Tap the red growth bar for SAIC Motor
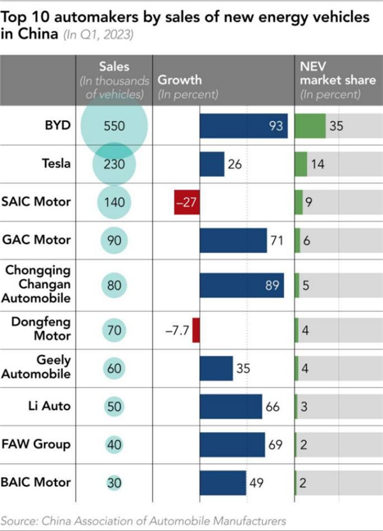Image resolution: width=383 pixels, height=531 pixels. [x=187, y=203]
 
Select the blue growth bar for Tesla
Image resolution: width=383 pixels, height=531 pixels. [x=212, y=164]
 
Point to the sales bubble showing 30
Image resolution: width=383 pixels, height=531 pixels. [x=115, y=483]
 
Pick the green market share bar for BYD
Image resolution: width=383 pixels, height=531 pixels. [x=310, y=126]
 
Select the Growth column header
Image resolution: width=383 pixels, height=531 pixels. [x=179, y=81]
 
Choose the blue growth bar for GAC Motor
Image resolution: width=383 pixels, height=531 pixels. [x=233, y=241]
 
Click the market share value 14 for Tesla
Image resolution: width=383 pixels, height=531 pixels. [x=318, y=164]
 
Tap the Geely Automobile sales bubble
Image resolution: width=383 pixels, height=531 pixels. [x=115, y=369]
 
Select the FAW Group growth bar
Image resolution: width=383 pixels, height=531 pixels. [x=232, y=445]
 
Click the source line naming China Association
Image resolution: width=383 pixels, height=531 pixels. [x=143, y=520]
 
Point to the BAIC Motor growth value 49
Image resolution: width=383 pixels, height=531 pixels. [x=257, y=483]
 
